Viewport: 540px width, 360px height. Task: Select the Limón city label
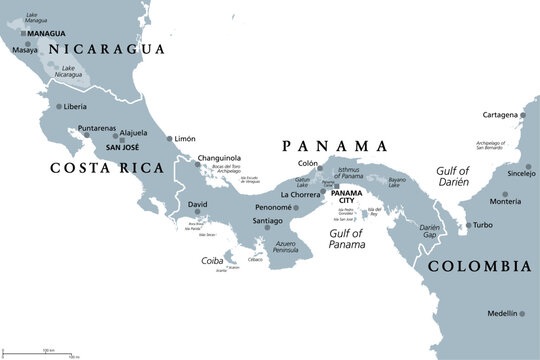point(186,138)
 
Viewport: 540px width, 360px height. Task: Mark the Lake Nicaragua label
point(70,73)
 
